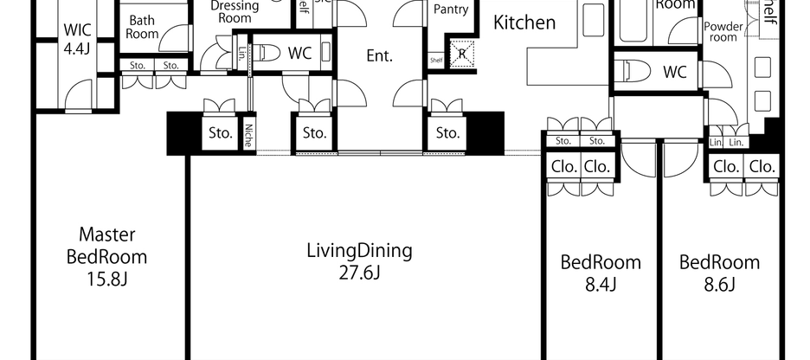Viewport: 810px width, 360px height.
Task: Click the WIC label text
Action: [77, 30]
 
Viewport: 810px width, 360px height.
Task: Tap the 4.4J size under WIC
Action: [77, 48]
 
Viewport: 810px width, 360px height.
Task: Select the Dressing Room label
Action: [235, 10]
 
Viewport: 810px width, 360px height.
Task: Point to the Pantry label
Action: [450, 10]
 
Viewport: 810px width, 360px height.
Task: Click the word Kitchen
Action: [524, 22]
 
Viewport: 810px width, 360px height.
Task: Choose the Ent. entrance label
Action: [379, 56]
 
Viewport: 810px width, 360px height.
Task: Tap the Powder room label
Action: [723, 32]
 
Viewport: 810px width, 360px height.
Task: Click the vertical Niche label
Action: [248, 133]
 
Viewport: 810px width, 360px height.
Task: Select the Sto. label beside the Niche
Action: [220, 133]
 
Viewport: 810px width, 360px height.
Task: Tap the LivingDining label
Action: [359, 252]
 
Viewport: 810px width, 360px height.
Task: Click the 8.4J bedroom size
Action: [601, 284]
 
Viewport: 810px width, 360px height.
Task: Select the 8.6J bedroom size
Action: [719, 284]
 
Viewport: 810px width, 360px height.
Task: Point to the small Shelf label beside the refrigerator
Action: [436, 60]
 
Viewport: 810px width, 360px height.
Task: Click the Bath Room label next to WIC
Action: [142, 27]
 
